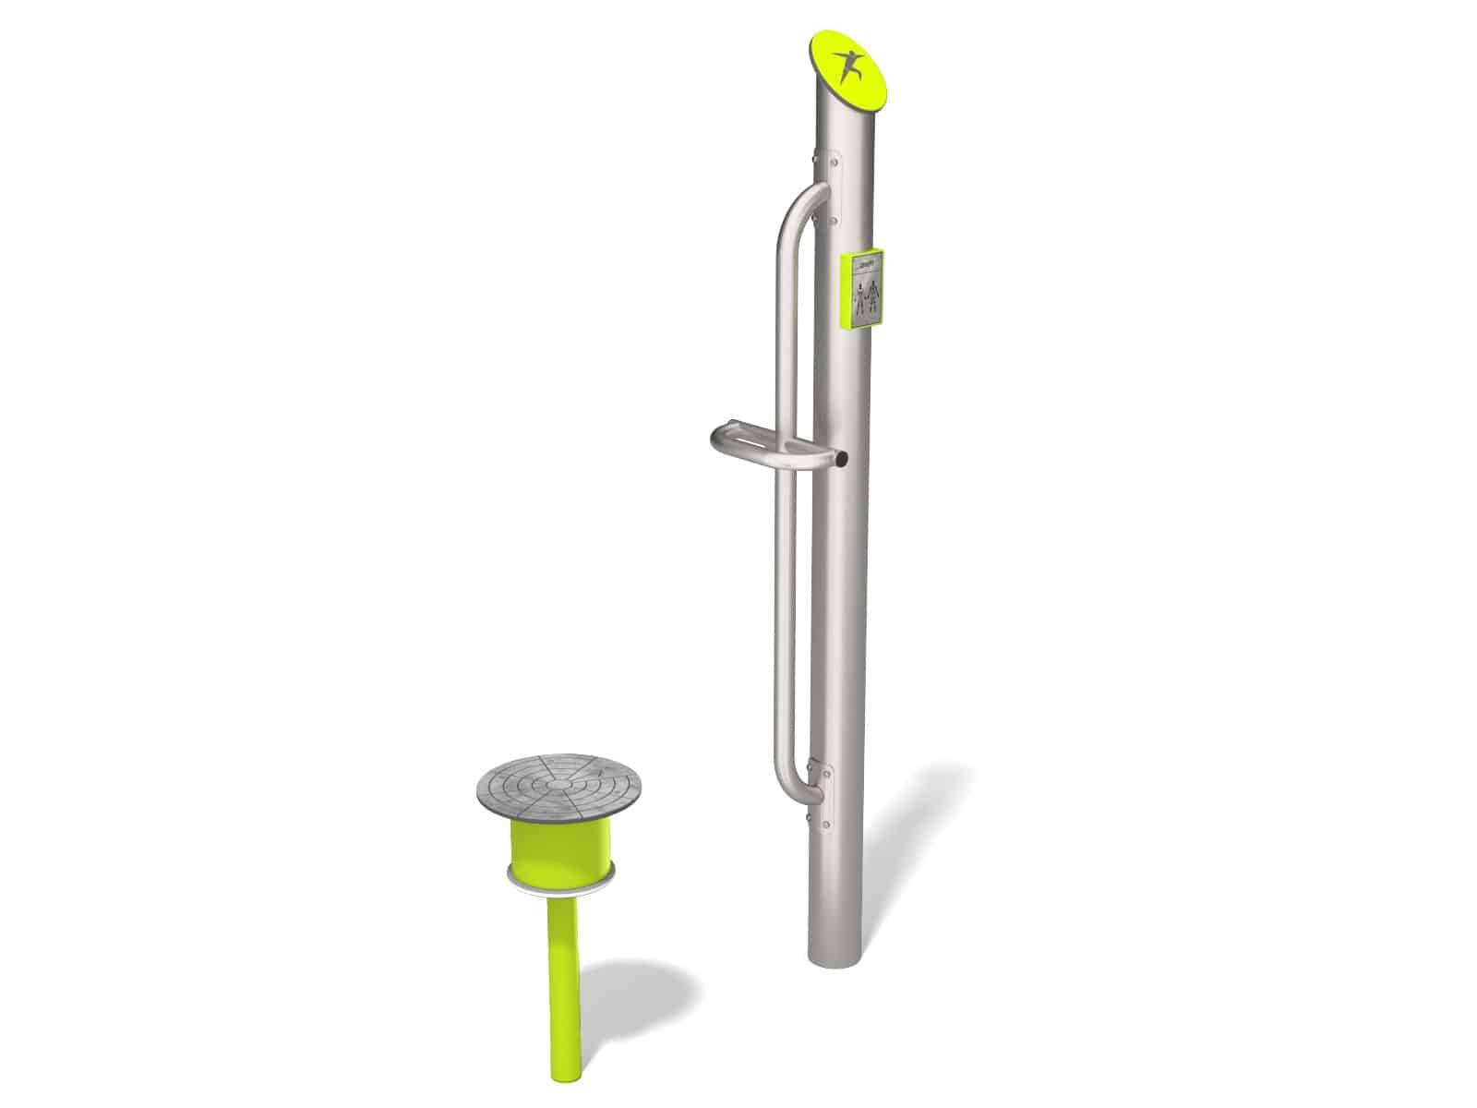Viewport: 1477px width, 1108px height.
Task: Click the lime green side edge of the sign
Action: coord(843,290)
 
